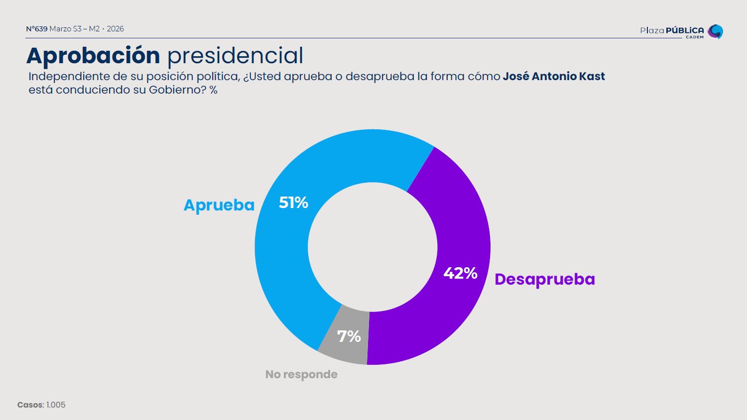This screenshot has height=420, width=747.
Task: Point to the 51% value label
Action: pos(293,203)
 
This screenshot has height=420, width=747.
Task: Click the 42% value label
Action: pos(460,273)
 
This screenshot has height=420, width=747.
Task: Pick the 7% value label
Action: pos(349,336)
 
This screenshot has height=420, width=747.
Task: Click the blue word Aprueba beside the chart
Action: pos(219,205)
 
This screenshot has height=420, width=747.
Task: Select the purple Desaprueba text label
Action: pos(544,279)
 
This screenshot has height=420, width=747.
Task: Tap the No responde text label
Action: pos(301,374)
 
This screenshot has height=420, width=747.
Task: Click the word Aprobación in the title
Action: pos(93,55)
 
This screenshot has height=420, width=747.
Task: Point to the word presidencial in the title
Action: pos(235,55)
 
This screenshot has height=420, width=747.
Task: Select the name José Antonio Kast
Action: pos(553,77)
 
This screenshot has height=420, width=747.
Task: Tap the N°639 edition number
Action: pos(36,29)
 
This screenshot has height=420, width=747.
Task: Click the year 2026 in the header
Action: pos(115,29)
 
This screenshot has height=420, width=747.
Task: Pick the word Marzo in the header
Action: pos(60,29)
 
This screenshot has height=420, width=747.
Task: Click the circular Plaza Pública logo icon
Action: pos(715,31)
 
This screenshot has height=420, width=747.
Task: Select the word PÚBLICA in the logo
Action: pos(685,30)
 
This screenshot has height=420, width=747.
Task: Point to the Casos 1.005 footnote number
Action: pos(56,405)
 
